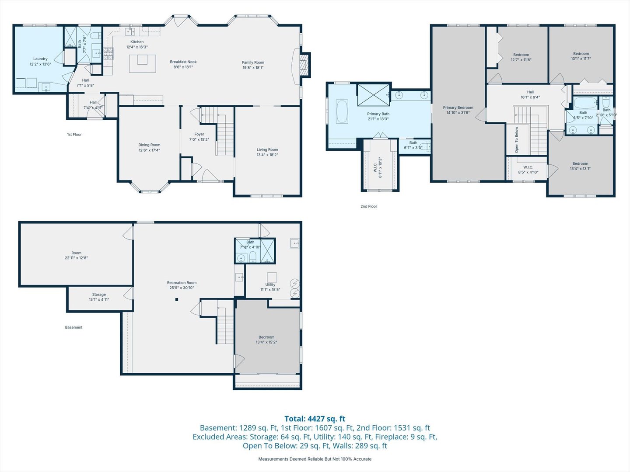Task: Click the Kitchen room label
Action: [x=137, y=42]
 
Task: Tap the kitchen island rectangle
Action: [x=142, y=64]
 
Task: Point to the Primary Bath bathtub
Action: [x=342, y=111]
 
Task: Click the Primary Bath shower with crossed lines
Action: [x=374, y=95]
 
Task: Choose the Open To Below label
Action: [x=517, y=139]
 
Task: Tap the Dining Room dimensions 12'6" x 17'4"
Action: [x=149, y=150]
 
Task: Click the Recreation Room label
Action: [x=182, y=283]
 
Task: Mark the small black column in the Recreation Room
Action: [x=177, y=299]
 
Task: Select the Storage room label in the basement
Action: [x=99, y=295]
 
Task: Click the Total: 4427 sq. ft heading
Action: [x=315, y=419]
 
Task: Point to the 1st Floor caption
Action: [x=74, y=135]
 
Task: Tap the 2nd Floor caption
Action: [x=369, y=206]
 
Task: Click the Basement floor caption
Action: [x=74, y=327]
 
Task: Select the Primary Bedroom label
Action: [x=458, y=108]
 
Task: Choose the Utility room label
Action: [x=270, y=285]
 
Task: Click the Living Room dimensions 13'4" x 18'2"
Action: [x=267, y=155]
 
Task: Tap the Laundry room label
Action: [x=40, y=59]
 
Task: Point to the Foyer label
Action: [x=199, y=134]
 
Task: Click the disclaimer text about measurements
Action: [x=315, y=459]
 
